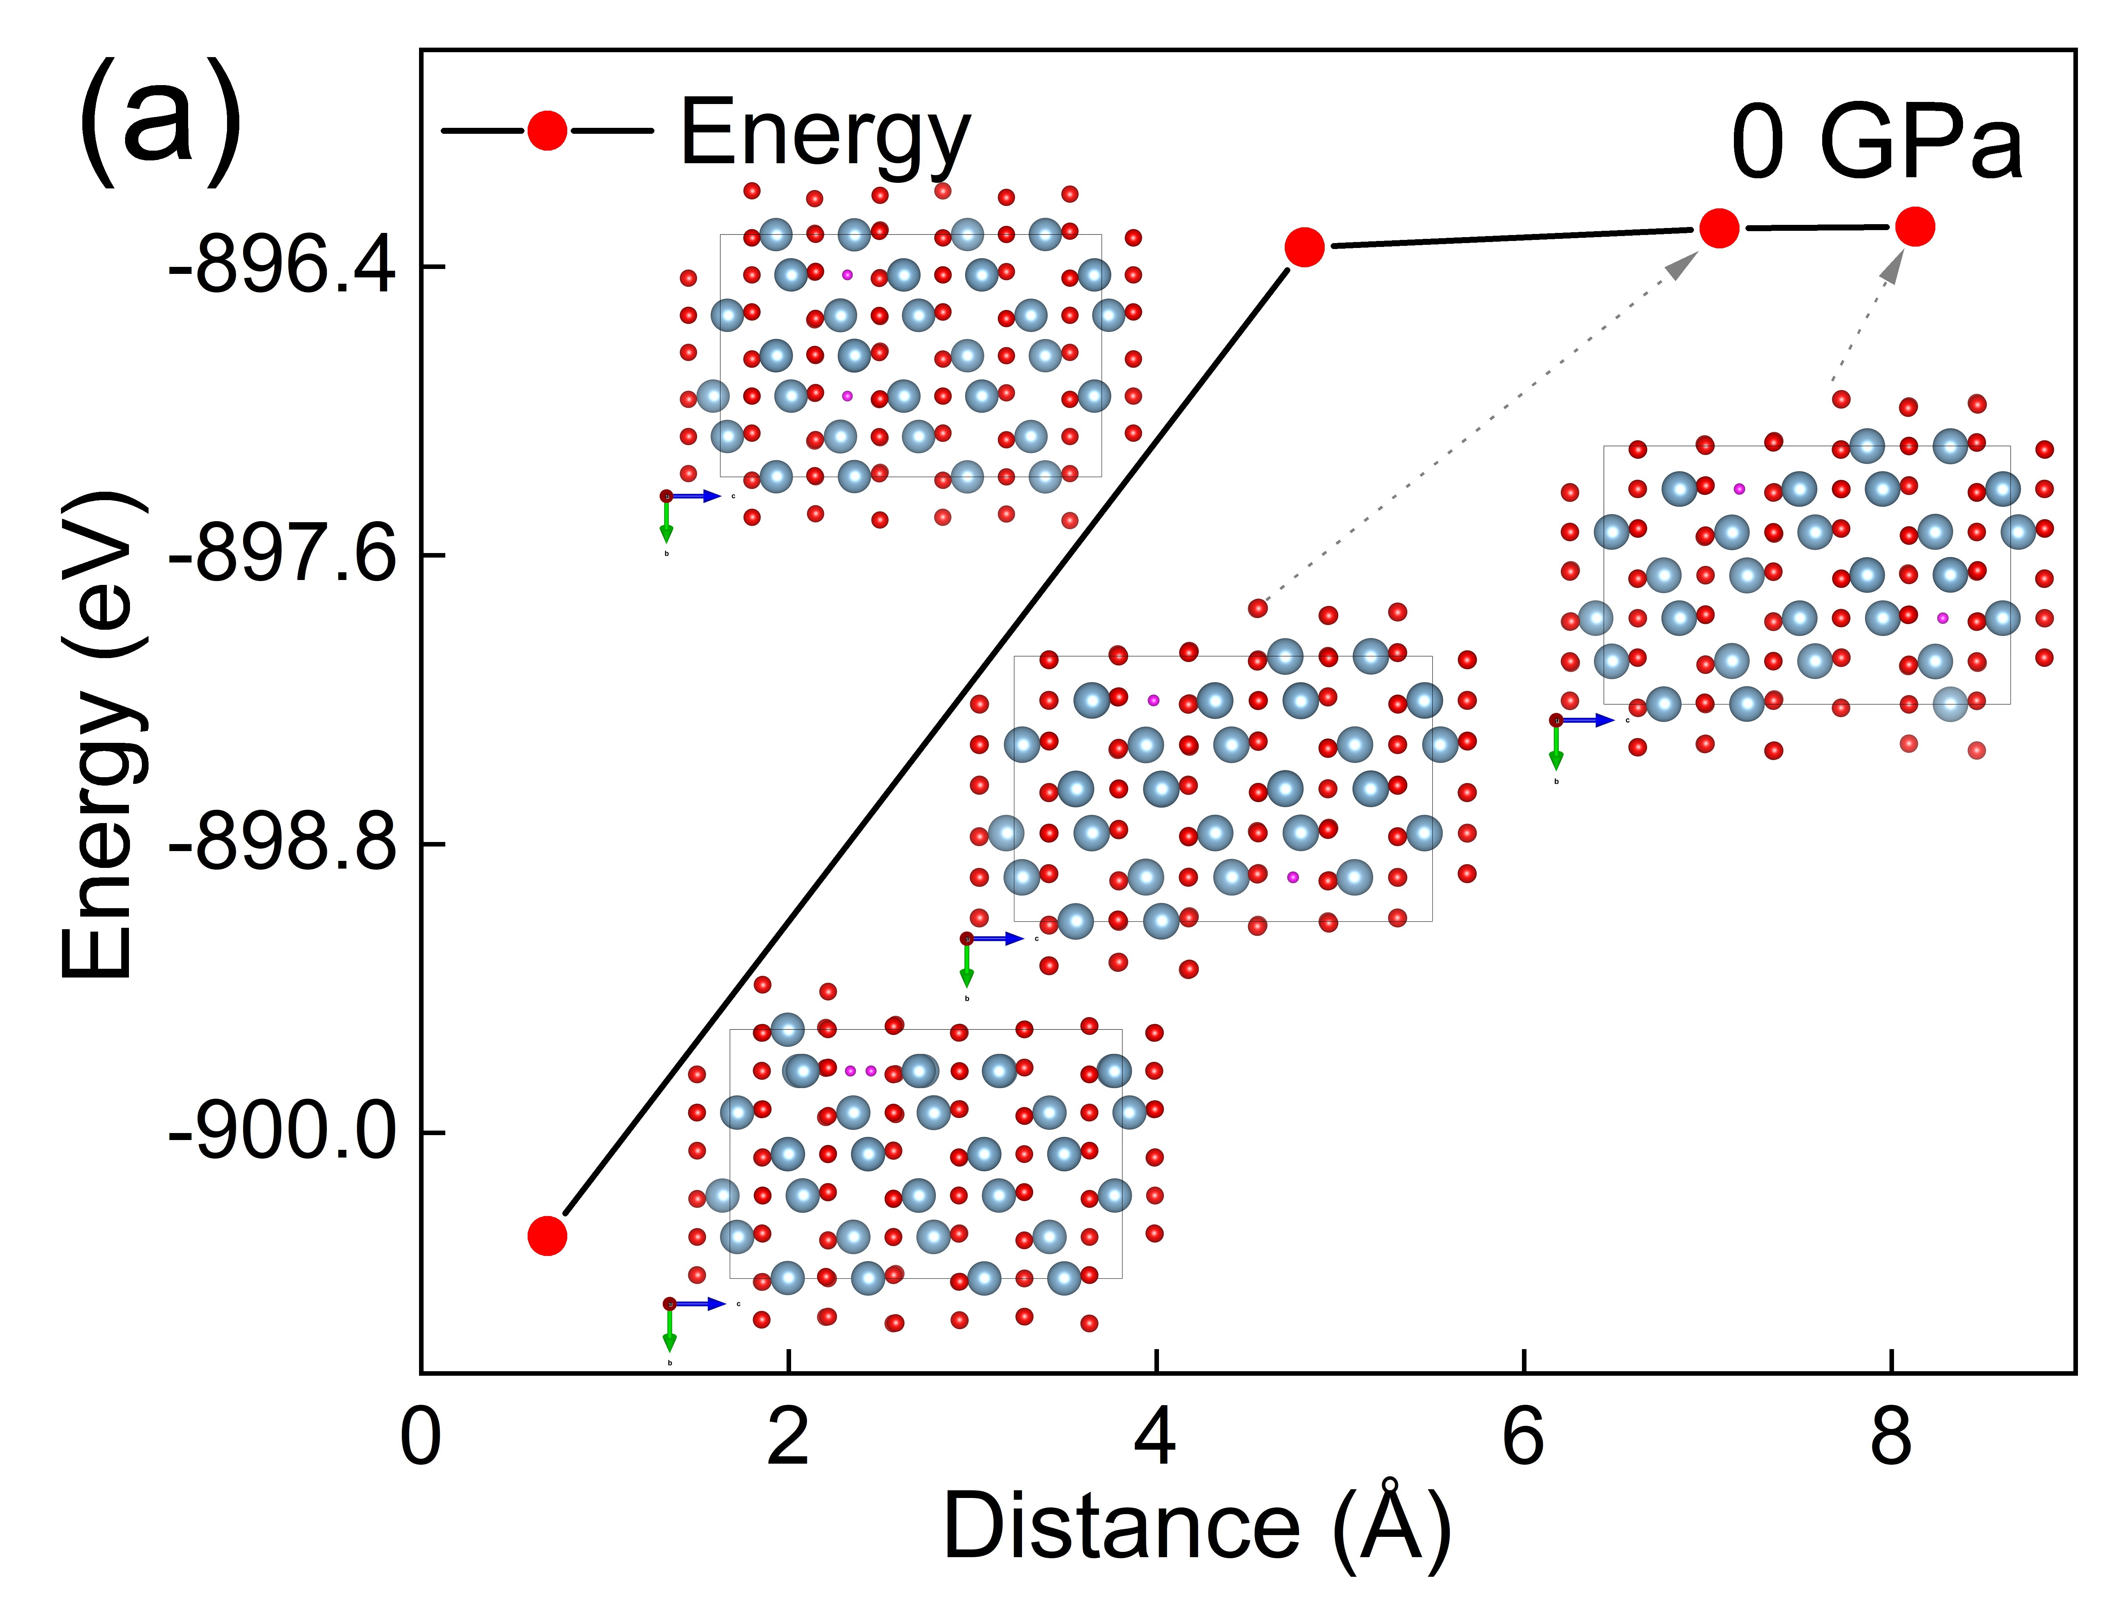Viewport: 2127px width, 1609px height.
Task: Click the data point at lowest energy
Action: click(x=547, y=1235)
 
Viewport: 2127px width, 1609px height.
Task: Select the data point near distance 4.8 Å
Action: click(x=1304, y=247)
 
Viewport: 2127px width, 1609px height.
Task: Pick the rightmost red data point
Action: click(x=1914, y=227)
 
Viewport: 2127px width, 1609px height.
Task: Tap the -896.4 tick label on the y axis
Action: click(x=282, y=266)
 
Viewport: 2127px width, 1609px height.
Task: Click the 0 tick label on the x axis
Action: click(x=420, y=1439)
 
